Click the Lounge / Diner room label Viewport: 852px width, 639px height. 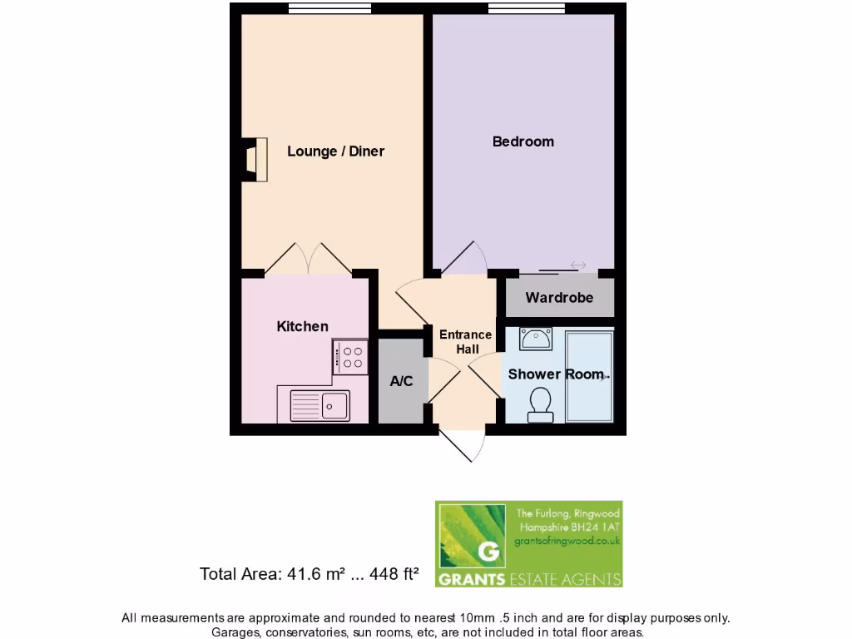click(335, 151)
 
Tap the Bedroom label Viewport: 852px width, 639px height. click(523, 141)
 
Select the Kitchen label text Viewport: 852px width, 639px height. click(302, 326)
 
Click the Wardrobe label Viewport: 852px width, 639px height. click(559, 297)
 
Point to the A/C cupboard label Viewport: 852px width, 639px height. click(402, 381)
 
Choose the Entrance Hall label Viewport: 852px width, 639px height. click(465, 342)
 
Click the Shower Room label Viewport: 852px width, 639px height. click(555, 374)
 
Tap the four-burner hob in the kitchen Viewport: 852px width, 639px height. click(350, 356)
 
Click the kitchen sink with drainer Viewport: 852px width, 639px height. click(320, 406)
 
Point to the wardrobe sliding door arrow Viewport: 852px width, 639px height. click(577, 265)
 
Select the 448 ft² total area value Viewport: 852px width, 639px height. click(389, 574)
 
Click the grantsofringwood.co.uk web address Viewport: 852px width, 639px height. click(568, 542)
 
